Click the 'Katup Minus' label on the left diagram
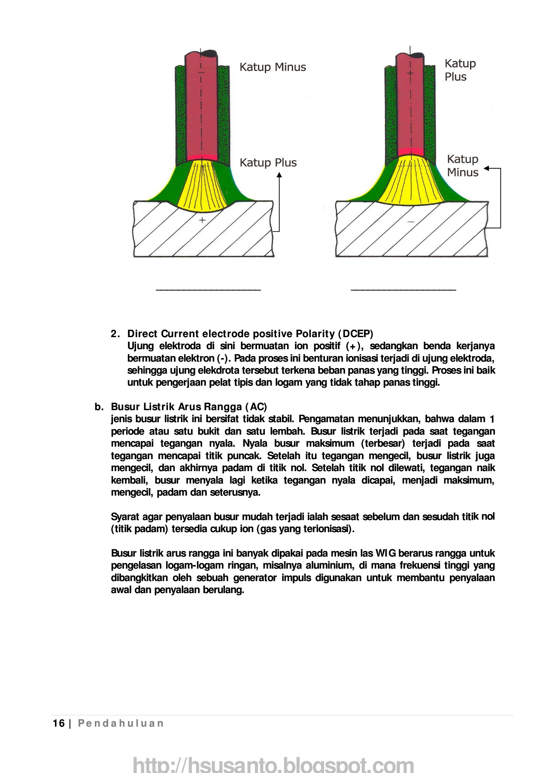(x=273, y=67)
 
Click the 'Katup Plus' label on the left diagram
(x=268, y=163)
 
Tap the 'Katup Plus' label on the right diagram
(x=460, y=70)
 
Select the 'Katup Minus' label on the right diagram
(x=462, y=166)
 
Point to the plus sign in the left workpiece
(x=202, y=220)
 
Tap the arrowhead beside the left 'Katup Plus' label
(x=279, y=175)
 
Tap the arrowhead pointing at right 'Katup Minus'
(x=487, y=169)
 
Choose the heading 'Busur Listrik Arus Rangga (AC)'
(x=189, y=407)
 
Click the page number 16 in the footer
(x=58, y=724)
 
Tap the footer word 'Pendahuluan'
(x=121, y=724)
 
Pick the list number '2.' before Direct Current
(x=115, y=334)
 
